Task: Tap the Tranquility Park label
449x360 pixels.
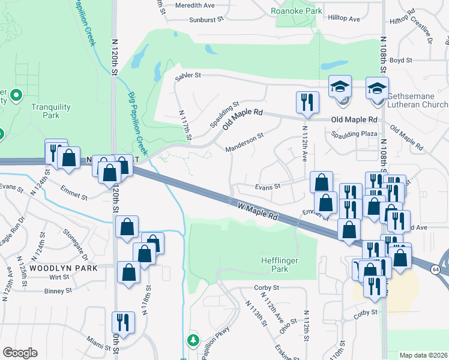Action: (51, 111)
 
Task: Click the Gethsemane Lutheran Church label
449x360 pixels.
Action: (418, 100)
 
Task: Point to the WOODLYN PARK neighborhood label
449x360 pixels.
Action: (55, 268)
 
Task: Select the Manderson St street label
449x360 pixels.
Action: (244, 143)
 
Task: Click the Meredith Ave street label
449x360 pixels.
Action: (195, 5)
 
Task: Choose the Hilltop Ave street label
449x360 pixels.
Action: (344, 19)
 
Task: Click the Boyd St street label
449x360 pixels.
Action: (400, 60)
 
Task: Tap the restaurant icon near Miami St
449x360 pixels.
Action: (123, 322)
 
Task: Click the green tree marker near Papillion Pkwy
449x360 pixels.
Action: (193, 341)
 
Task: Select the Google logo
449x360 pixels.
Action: (20, 353)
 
